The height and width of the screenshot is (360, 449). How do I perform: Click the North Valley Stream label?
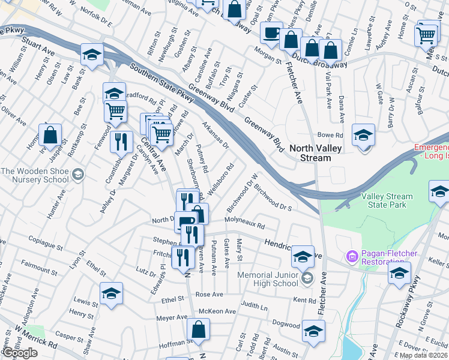(310, 153)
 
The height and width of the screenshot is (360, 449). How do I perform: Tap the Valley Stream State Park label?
(387, 200)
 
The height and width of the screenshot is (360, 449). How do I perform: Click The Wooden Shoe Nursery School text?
(34, 175)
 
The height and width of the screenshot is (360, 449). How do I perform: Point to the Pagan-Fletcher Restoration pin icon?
(352, 256)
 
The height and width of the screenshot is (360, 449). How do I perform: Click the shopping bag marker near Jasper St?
(50, 136)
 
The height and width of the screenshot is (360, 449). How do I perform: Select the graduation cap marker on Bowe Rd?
(363, 135)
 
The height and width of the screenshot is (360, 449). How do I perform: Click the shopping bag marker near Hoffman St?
(198, 330)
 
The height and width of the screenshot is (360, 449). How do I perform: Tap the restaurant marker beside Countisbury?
(122, 142)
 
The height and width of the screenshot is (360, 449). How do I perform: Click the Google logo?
(20, 353)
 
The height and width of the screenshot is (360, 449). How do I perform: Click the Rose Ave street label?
(209, 295)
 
